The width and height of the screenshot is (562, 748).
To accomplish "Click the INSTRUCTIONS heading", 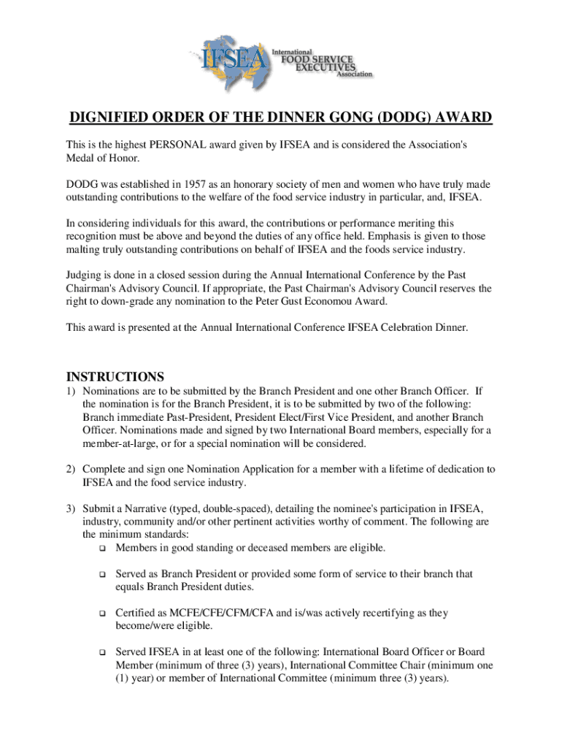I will coord(115,377).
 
